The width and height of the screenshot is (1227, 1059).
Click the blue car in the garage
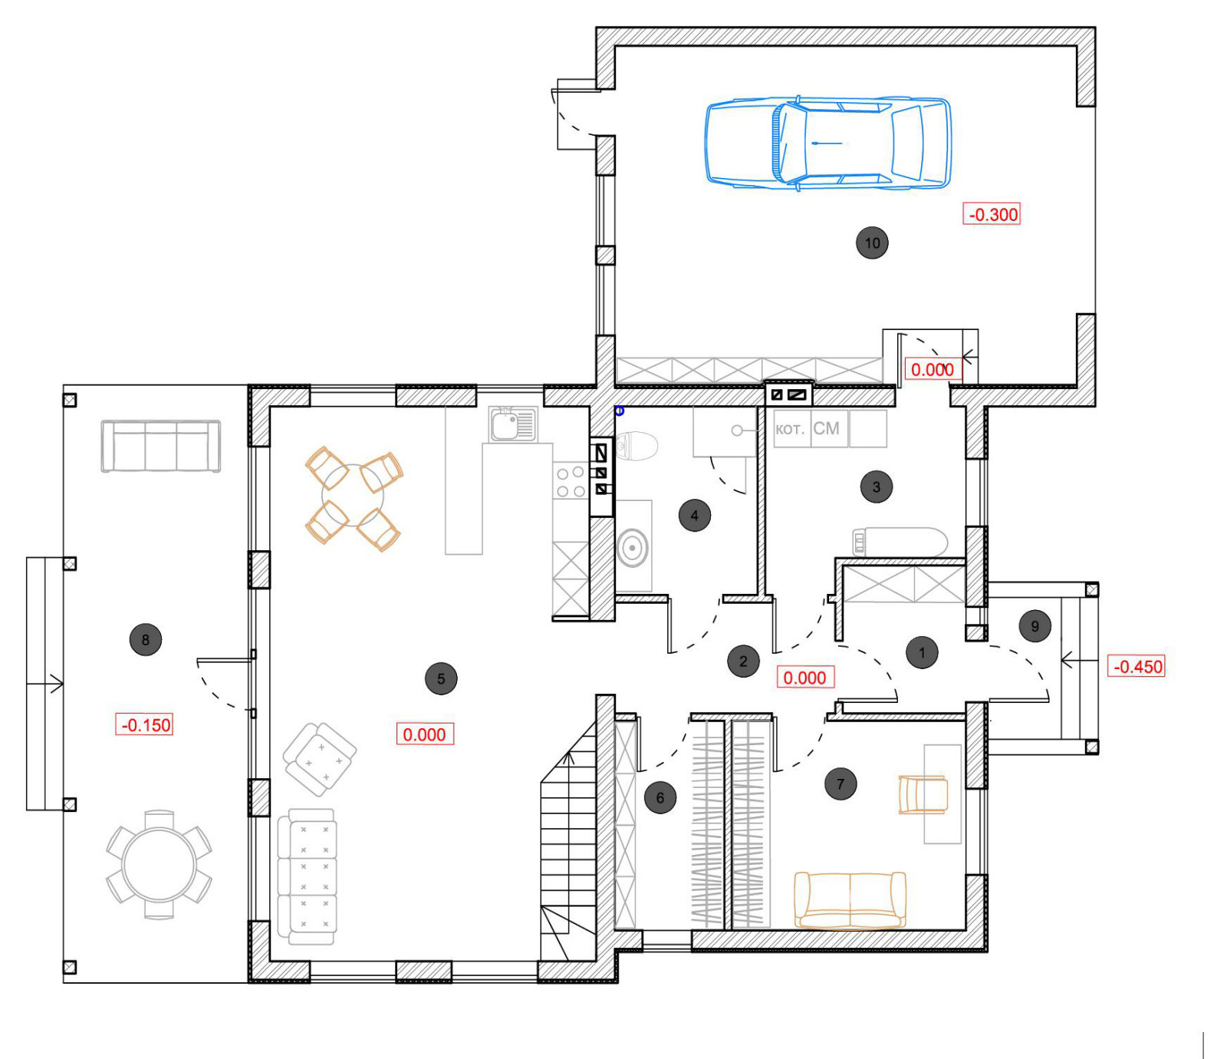click(x=828, y=144)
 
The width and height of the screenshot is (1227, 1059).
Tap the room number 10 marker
click(x=872, y=243)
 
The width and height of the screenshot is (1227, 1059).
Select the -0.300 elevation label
click(x=992, y=214)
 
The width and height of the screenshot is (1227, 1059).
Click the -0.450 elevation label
click(x=1137, y=666)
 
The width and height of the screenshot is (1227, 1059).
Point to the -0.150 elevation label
click(x=144, y=724)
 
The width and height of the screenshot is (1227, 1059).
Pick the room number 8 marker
click(x=146, y=639)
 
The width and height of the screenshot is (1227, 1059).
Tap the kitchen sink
click(x=513, y=424)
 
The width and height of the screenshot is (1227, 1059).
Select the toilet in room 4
click(x=637, y=446)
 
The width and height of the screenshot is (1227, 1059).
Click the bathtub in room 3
click(x=900, y=542)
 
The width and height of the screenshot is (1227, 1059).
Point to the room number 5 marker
click(x=441, y=678)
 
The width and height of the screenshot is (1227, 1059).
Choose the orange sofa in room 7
click(x=850, y=899)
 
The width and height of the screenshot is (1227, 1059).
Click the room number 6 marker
click(x=660, y=797)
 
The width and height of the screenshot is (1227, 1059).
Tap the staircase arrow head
click(x=568, y=758)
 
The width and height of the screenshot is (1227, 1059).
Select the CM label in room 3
click(x=826, y=428)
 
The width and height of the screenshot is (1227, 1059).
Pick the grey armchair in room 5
click(x=319, y=759)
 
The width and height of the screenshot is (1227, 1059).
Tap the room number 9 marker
click(x=1035, y=626)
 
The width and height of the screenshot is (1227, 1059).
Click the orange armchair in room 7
click(x=923, y=794)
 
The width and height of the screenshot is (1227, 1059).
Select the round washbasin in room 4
click(x=633, y=547)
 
